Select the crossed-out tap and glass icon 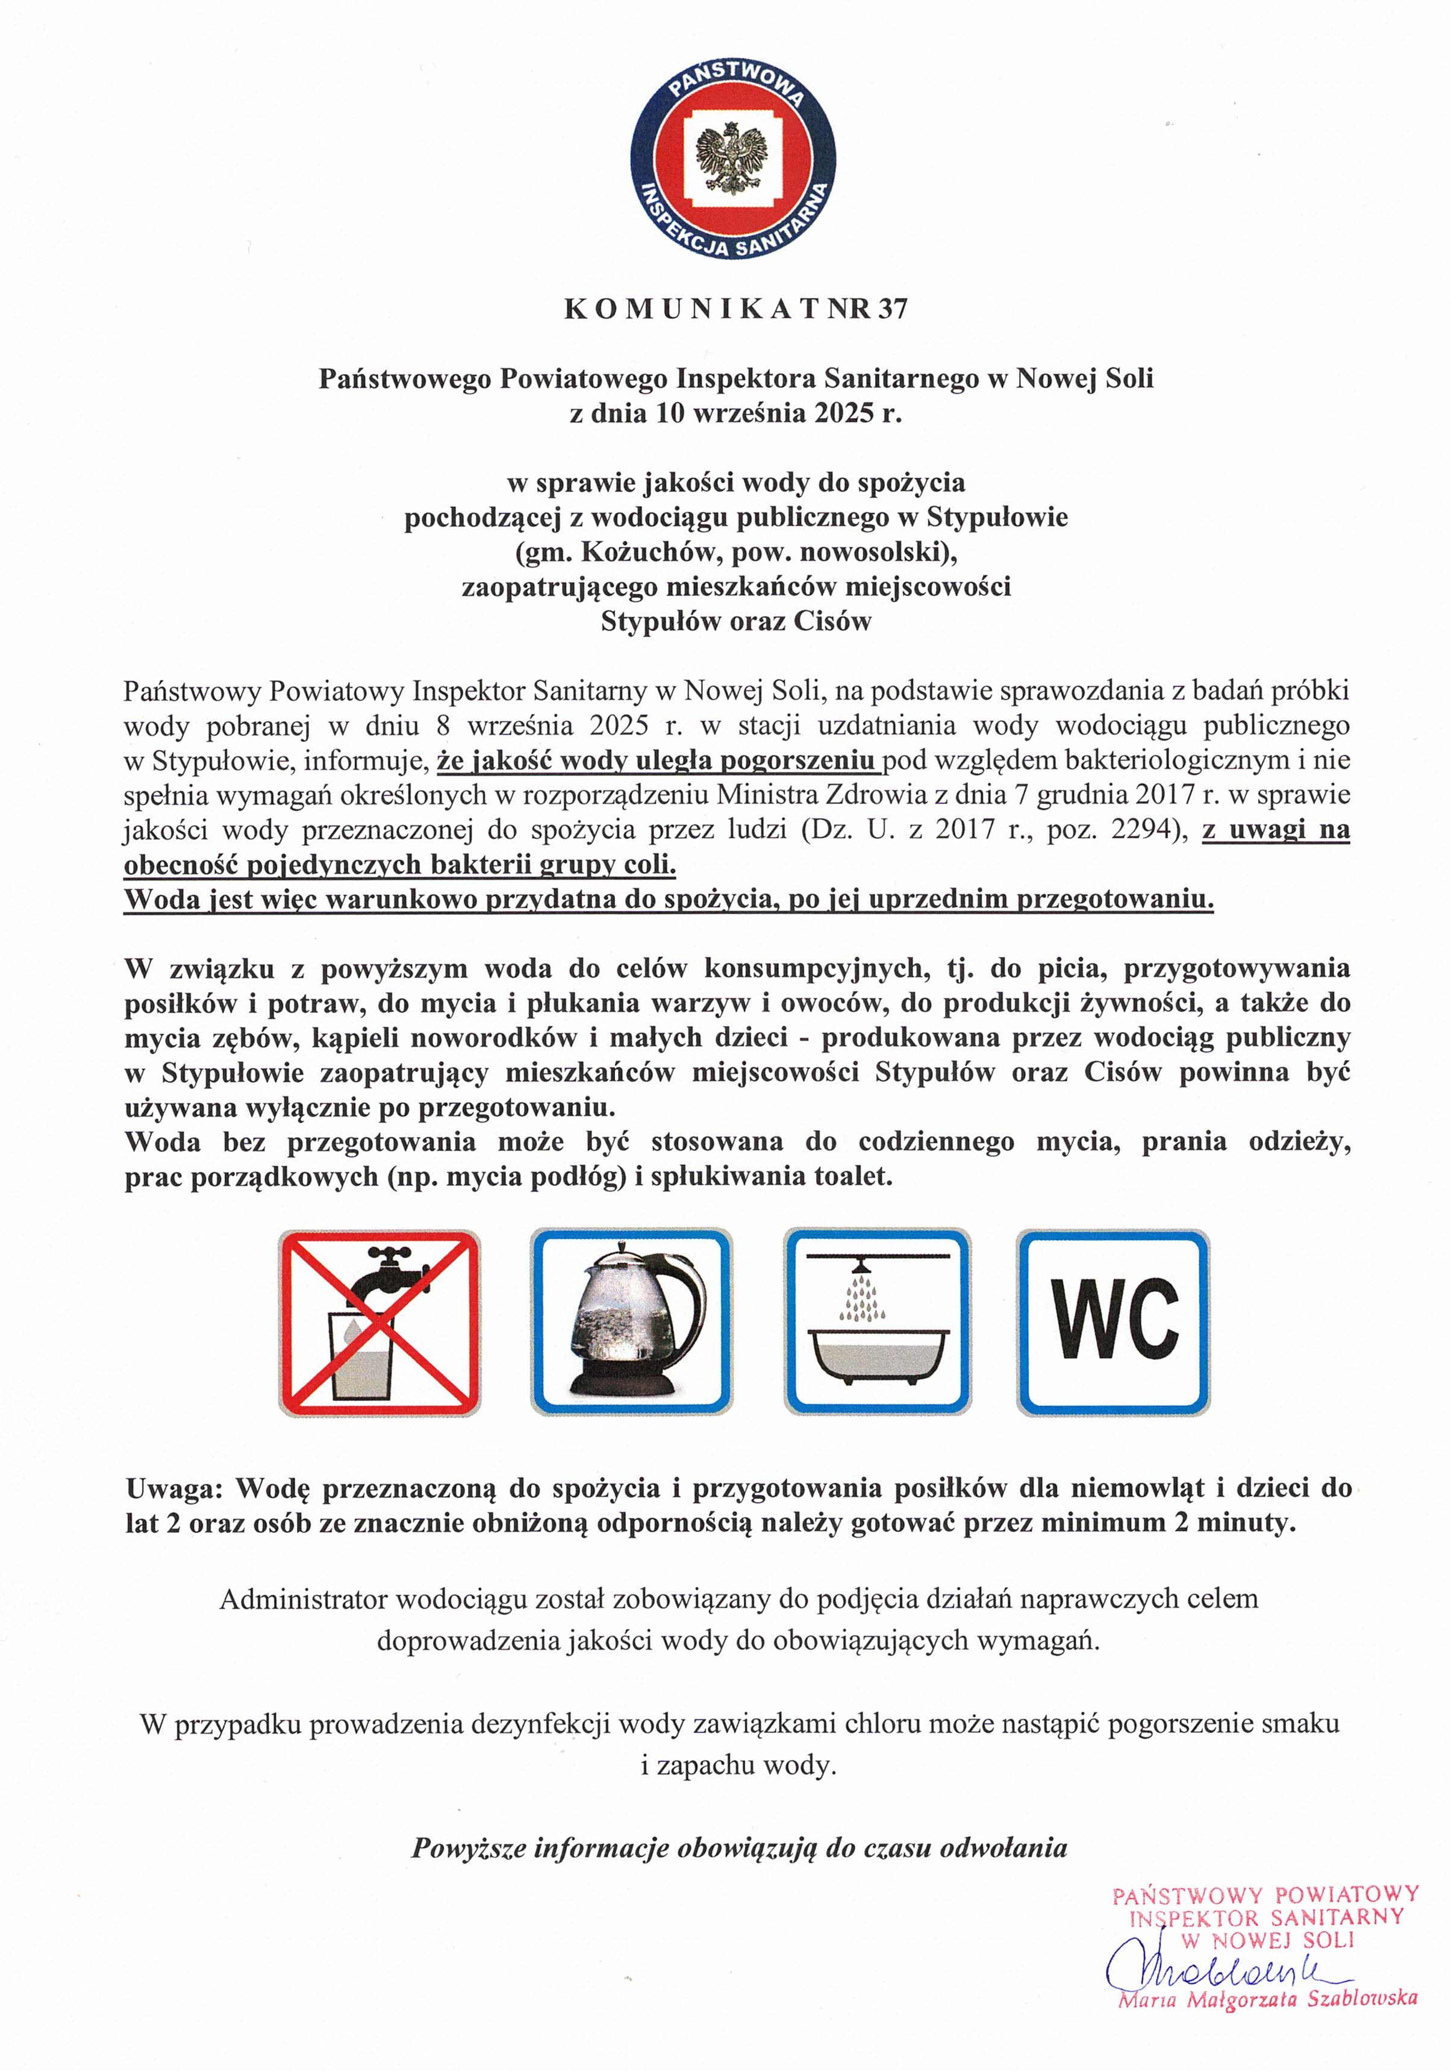(x=379, y=1323)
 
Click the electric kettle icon (x=631, y=1323)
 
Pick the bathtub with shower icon (x=878, y=1323)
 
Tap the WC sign (x=1114, y=1323)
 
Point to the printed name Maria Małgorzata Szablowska (x=1267, y=1999)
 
